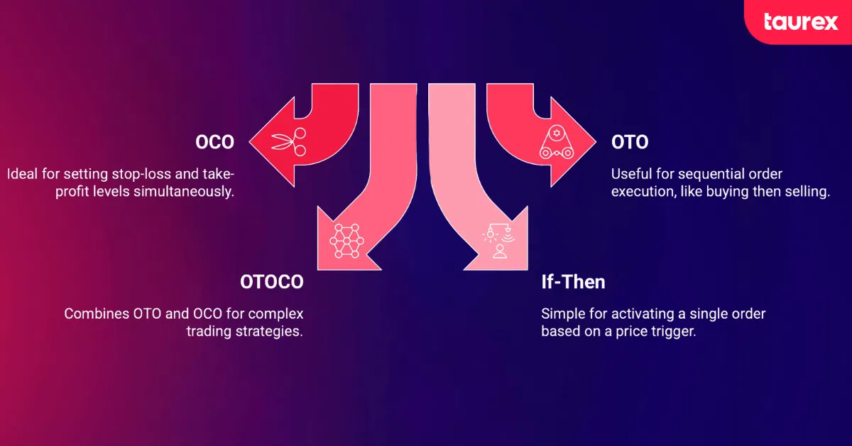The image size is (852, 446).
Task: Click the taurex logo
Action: [801, 22]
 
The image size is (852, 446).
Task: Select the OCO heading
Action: [214, 142]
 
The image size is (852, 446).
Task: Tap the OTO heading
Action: [630, 142]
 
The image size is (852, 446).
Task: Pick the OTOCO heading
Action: [271, 282]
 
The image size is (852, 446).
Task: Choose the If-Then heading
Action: [573, 282]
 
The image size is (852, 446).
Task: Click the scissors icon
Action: [289, 141]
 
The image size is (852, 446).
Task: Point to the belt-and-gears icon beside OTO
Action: [557, 142]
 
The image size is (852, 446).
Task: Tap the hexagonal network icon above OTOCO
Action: [346, 241]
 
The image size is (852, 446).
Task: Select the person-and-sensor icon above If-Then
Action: [498, 241]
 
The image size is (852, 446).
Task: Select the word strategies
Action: [269, 332]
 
